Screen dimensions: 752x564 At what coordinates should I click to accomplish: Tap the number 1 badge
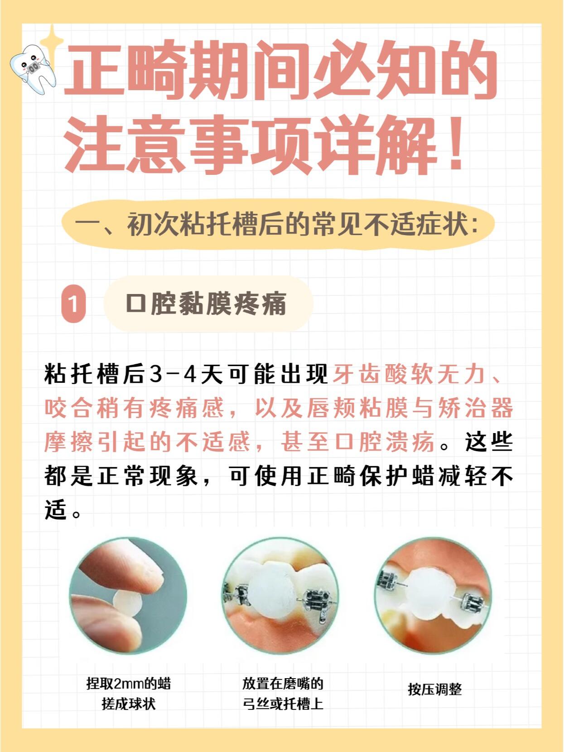(73, 303)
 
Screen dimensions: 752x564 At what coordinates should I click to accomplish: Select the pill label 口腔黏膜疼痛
(207, 304)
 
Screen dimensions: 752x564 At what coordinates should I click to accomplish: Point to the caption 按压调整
(434, 689)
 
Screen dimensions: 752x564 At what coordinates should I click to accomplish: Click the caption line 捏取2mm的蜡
(129, 683)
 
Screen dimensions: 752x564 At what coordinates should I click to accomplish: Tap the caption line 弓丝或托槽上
(283, 704)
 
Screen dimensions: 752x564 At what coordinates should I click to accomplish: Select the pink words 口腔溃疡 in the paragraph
(385, 442)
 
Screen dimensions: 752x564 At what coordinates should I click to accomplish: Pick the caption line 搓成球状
(129, 704)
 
